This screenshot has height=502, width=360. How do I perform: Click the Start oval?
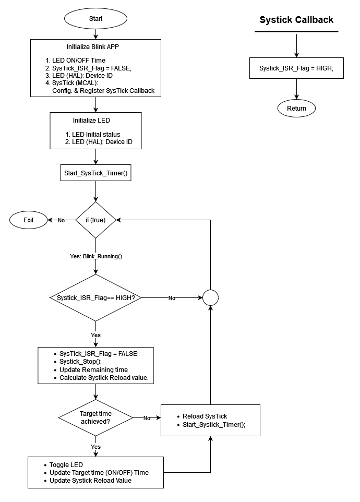[x=95, y=18]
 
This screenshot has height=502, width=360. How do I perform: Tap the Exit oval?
[x=28, y=220]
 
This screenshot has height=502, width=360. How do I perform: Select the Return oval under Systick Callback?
[x=296, y=109]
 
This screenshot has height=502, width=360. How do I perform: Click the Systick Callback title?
[x=296, y=20]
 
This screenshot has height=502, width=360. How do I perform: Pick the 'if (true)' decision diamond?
[x=95, y=220]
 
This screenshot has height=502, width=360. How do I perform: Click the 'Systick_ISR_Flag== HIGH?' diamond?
[x=95, y=298]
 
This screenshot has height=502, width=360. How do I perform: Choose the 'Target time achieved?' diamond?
[x=95, y=417]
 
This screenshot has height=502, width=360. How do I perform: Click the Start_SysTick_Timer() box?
[x=95, y=173]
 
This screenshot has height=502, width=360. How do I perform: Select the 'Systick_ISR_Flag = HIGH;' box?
[x=296, y=68]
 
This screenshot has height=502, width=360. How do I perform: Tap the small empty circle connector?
[x=210, y=298]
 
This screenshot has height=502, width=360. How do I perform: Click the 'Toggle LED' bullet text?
[x=66, y=464]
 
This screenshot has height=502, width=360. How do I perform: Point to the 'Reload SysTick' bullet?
[x=205, y=416]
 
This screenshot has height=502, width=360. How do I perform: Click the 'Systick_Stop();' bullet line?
[x=80, y=361]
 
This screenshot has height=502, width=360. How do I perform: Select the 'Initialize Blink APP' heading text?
[x=95, y=46]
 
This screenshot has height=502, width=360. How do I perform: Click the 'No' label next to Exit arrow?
[x=61, y=220]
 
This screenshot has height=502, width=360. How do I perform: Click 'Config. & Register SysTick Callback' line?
[x=103, y=90]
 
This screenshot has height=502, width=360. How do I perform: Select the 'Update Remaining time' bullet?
[x=93, y=369]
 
